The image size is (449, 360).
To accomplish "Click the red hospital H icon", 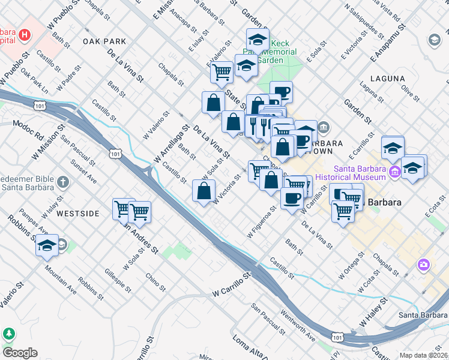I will [24, 34].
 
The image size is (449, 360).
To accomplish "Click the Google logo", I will [20, 353].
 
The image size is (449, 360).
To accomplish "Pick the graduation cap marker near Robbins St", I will [47, 245].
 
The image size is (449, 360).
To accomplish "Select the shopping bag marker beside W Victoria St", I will [203, 191].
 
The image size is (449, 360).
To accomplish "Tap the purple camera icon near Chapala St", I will [424, 264].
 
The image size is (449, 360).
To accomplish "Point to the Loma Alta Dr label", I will [253, 344].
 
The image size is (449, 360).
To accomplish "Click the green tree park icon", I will [8, 334].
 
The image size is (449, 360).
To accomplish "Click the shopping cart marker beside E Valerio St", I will [221, 73].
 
